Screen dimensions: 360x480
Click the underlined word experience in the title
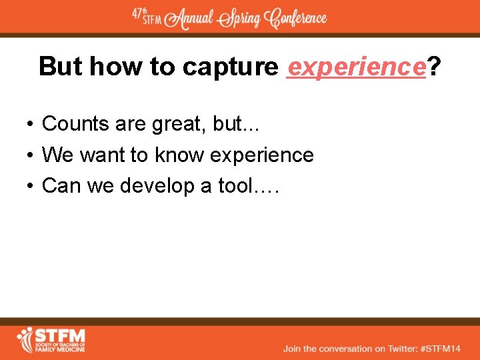(356, 67)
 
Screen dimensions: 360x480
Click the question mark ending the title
(434, 67)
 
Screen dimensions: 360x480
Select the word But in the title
(61, 67)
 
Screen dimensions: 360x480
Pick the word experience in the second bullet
(261, 155)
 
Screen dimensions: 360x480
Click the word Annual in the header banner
(192, 19)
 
